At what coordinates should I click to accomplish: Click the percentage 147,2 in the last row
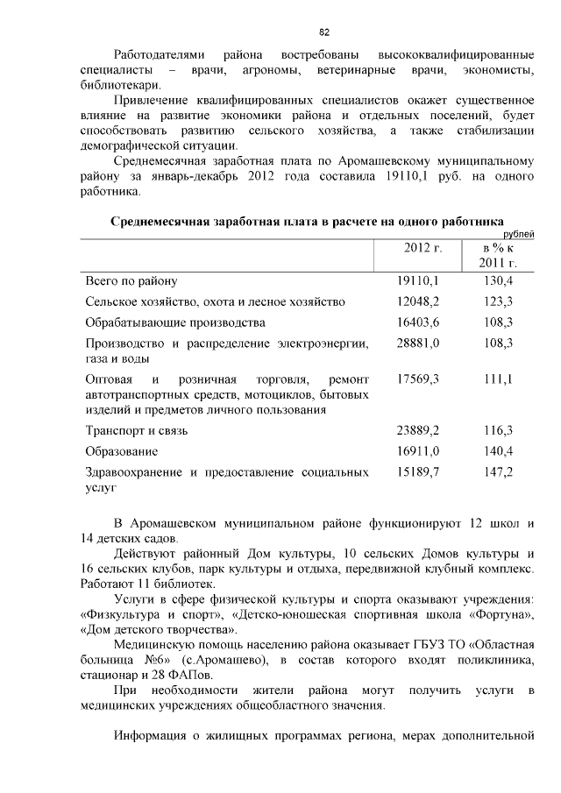[497, 472]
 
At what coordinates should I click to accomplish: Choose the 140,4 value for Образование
[497, 451]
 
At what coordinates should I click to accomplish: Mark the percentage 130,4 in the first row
[497, 280]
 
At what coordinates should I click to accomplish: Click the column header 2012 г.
[423, 248]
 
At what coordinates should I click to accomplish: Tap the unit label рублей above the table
[515, 234]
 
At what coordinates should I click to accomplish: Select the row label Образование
[121, 451]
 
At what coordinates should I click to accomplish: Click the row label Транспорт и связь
[136, 431]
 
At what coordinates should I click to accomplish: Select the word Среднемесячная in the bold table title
[159, 222]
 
